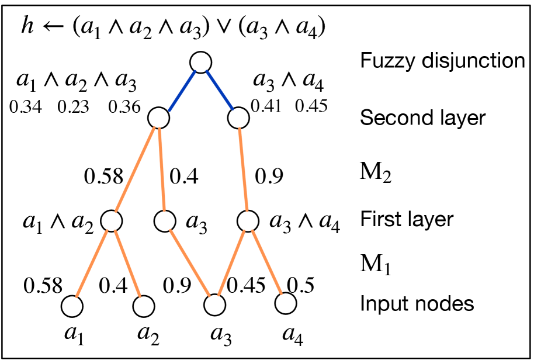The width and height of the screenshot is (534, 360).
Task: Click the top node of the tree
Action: (200, 63)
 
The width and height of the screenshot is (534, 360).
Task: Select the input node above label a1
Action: (72, 305)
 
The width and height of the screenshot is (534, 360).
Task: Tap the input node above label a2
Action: (144, 305)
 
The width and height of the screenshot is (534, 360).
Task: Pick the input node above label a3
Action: (215, 305)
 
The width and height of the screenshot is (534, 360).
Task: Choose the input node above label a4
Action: (286, 304)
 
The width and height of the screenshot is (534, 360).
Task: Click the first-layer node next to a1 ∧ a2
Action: (111, 221)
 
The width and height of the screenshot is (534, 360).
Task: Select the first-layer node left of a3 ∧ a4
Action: (248, 221)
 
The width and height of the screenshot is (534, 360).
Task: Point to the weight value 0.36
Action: (122, 108)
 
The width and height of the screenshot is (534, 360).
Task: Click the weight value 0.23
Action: (73, 108)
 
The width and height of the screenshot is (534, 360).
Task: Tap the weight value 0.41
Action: (266, 106)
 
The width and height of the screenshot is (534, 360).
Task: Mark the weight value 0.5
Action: (301, 285)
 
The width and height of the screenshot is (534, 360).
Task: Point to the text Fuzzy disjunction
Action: (442, 60)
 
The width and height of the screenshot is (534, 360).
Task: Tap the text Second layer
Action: (422, 118)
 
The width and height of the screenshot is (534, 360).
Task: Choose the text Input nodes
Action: (416, 304)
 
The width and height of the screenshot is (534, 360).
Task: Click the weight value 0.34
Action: (25, 108)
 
